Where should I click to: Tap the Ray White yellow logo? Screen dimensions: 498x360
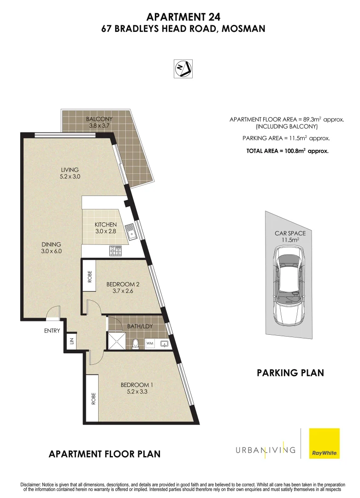(x=324, y=443)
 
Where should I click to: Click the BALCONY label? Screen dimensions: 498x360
(x=99, y=119)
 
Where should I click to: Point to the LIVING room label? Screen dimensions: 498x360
(x=70, y=170)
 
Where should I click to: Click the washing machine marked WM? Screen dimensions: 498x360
(x=149, y=344)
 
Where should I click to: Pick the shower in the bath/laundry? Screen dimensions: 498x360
(x=116, y=342)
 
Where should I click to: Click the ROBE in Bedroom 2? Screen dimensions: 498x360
(x=89, y=276)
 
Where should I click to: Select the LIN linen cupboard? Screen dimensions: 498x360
(x=71, y=341)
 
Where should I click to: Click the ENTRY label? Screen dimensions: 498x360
(x=52, y=330)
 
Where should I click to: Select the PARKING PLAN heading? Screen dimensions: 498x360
(x=290, y=373)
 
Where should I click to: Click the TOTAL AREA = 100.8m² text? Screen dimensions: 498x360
(x=287, y=151)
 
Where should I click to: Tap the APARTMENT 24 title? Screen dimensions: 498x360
(x=183, y=17)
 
